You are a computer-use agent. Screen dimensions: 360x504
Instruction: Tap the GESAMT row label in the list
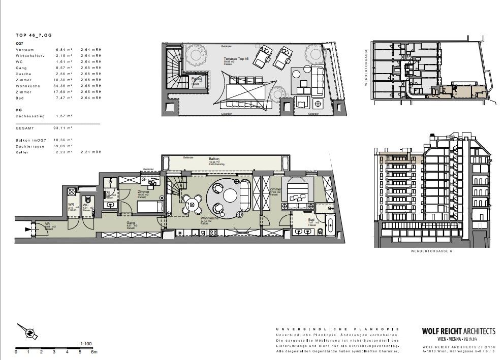pos(25,128)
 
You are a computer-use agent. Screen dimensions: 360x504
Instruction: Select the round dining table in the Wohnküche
pos(192,205)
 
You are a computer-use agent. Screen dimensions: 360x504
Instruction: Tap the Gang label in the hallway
pos(131,222)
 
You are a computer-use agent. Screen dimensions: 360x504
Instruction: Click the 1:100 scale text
pos(85,343)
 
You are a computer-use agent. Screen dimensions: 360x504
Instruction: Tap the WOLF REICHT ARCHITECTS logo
pos(458,331)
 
